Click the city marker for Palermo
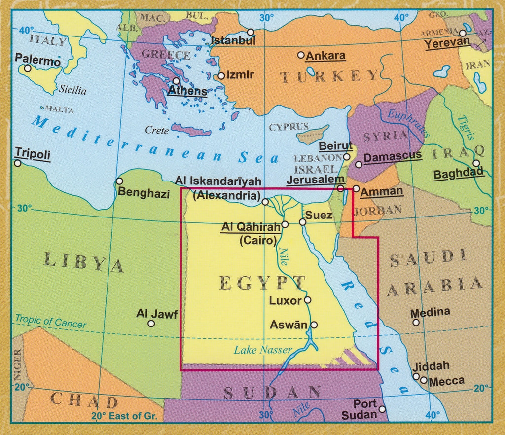click(28, 68)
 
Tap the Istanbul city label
click(233, 40)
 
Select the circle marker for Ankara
click(301, 55)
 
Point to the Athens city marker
click(176, 81)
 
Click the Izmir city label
click(240, 75)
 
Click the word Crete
click(157, 130)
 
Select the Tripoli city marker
click(18, 163)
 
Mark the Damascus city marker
click(359, 164)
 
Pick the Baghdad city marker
click(476, 163)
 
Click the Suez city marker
click(303, 222)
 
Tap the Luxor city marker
click(308, 300)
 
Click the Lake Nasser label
click(263, 350)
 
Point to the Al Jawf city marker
click(151, 324)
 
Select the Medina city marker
click(416, 323)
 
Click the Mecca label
click(447, 381)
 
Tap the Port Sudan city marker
click(382, 409)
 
